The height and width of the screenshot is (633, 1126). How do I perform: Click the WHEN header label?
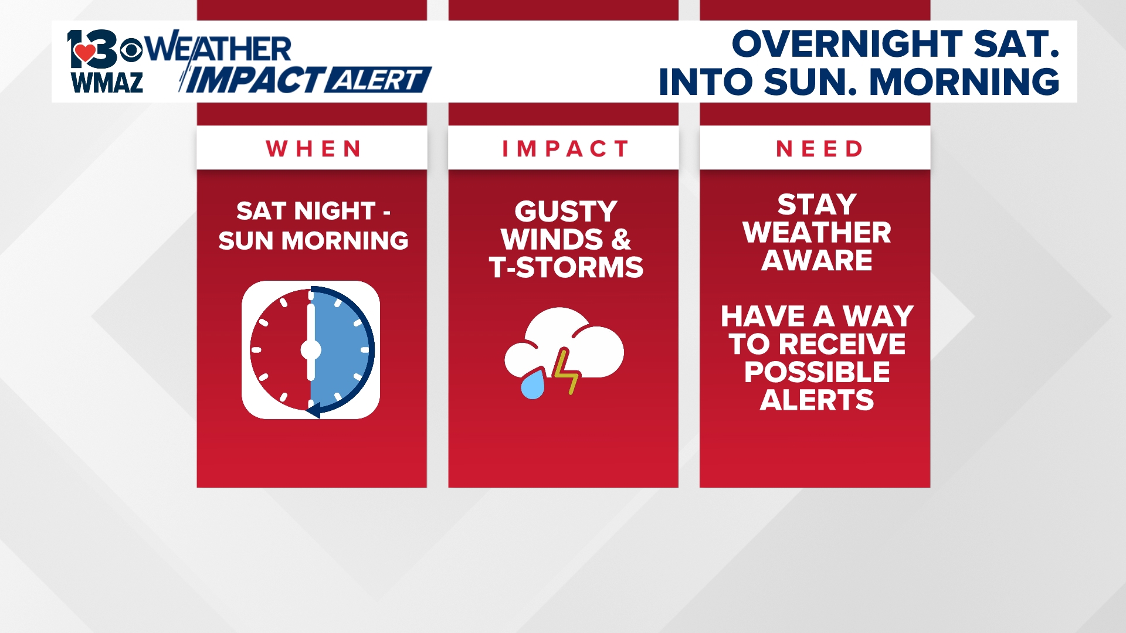[x=313, y=149]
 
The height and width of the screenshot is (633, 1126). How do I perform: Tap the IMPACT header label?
[x=565, y=149]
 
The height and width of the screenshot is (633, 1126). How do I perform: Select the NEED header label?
[x=819, y=149]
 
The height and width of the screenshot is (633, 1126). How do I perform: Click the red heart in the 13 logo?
[x=86, y=52]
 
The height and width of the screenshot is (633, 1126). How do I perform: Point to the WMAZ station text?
[x=107, y=83]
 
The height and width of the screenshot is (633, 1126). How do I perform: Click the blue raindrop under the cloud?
[x=533, y=385]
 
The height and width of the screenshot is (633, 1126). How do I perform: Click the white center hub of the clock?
[x=311, y=350]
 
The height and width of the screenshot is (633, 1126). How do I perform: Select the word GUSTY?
[x=565, y=212]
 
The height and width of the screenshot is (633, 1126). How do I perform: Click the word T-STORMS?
[x=565, y=267]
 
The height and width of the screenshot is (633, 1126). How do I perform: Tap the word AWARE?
[x=816, y=260]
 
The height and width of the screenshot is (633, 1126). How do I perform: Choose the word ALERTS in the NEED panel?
[x=816, y=400]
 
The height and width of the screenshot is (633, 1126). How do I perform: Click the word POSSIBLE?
[x=816, y=372]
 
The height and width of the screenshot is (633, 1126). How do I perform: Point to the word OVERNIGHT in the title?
[x=847, y=45]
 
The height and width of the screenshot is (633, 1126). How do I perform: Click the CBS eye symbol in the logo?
[x=131, y=50]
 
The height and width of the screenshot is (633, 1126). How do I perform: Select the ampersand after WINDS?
[x=620, y=240]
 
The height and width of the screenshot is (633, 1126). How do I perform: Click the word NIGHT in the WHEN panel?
[x=334, y=211]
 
